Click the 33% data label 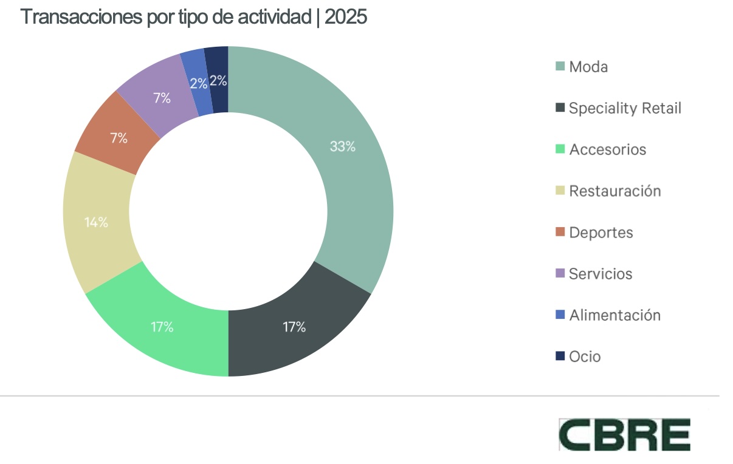tap(342, 146)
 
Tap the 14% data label tap(96, 222)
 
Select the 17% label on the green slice tap(162, 327)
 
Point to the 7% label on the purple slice tap(162, 98)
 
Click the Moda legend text tap(588, 67)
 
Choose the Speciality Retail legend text tap(625, 108)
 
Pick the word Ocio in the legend tap(585, 357)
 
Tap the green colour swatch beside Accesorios tap(560, 149)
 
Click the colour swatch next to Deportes tap(560, 233)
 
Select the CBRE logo tap(625, 434)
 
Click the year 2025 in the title tap(346, 17)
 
